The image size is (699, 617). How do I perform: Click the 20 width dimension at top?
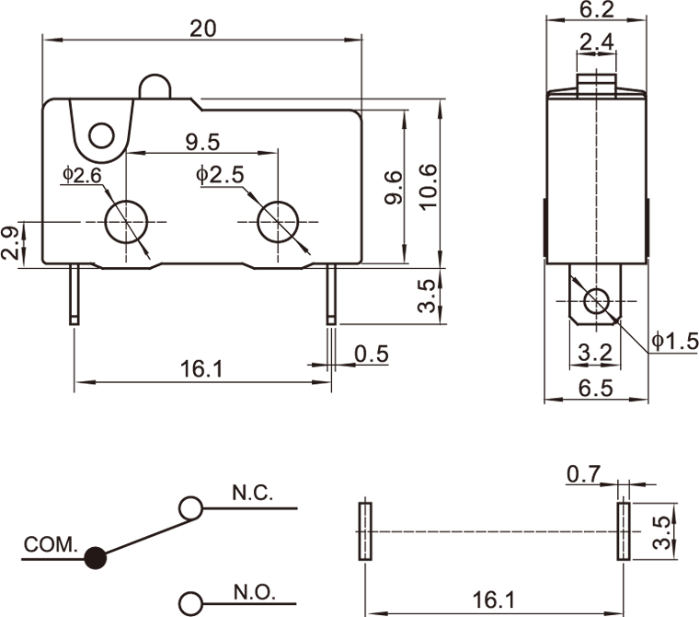click(x=202, y=28)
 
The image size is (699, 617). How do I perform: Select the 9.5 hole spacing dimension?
click(x=202, y=142)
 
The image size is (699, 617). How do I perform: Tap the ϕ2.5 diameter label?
click(x=219, y=174)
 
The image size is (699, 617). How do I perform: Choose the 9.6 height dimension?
click(x=393, y=187)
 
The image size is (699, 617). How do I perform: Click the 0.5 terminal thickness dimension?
click(x=372, y=354)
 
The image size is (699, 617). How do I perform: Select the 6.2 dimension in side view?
click(x=598, y=10)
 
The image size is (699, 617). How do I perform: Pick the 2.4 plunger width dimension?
click(x=597, y=41)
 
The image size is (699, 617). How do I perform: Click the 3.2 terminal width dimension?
click(x=596, y=353)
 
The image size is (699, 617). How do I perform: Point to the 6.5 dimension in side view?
click(x=597, y=388)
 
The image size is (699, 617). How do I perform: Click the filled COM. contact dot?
click(x=95, y=556)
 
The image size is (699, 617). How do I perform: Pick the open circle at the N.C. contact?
click(x=191, y=507)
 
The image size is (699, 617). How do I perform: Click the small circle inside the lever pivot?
click(x=103, y=138)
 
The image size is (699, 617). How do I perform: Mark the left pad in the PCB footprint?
click(x=363, y=530)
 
